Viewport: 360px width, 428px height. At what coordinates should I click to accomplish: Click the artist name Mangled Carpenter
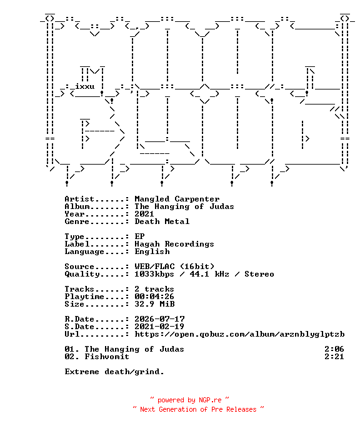click(177, 199)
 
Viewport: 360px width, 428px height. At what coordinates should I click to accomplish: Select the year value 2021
click(144, 214)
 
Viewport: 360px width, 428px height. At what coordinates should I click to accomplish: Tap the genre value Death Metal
click(162, 222)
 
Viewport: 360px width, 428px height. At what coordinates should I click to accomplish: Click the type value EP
click(139, 237)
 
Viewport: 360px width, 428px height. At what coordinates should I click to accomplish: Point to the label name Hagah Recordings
click(174, 244)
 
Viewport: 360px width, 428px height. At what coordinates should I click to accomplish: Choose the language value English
click(152, 252)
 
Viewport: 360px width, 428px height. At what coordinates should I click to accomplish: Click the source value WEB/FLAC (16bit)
click(174, 267)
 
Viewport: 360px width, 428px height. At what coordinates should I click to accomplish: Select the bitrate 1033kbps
click(154, 274)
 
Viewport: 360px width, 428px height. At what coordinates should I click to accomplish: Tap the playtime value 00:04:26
click(154, 297)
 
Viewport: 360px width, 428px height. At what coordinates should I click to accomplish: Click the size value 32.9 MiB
click(154, 304)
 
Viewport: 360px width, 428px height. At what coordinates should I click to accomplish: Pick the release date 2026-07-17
click(159, 319)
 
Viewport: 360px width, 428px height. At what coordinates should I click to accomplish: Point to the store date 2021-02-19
click(159, 327)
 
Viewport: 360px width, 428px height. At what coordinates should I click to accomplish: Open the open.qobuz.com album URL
click(240, 334)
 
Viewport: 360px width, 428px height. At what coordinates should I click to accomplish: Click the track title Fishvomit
click(107, 357)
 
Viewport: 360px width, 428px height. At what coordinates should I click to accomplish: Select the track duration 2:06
click(334, 349)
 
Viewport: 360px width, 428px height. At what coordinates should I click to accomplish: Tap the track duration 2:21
click(334, 357)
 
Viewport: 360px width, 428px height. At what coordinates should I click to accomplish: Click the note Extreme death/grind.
click(114, 372)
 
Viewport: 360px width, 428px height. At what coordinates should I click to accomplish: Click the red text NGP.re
click(210, 400)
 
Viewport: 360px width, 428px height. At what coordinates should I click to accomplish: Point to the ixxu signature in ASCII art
click(85, 86)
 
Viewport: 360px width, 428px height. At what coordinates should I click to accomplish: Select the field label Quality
click(82, 274)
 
